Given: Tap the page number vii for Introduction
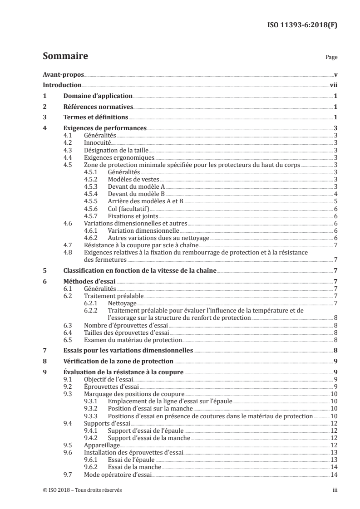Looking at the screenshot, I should (x=333, y=85).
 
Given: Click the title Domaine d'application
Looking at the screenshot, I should (x=98, y=96).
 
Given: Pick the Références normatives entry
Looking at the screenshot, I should (x=98, y=107).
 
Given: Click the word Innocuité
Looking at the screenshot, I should (x=98, y=143).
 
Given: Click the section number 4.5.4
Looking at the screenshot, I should (x=92, y=194).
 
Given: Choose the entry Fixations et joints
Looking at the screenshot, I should (x=132, y=215).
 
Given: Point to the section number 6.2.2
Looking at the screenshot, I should (x=92, y=311).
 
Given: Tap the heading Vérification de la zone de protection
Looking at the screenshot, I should (x=118, y=362).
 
